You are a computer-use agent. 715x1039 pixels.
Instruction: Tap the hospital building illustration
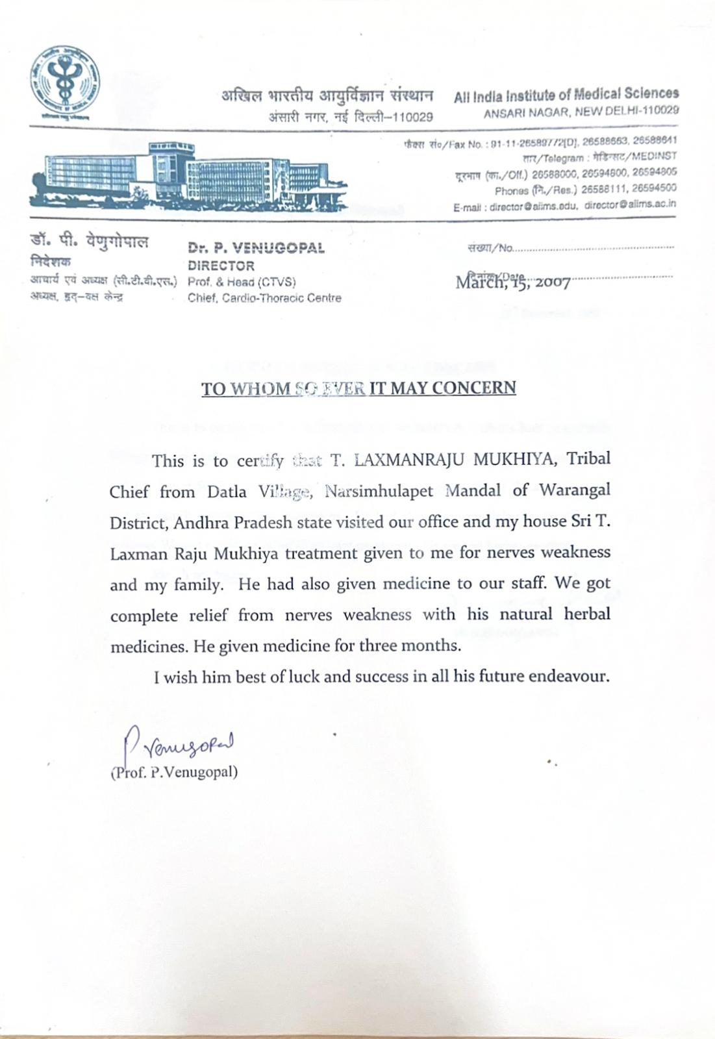[188, 175]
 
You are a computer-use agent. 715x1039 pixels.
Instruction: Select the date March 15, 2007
[513, 282]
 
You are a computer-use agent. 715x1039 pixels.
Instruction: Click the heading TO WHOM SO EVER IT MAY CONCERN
[358, 388]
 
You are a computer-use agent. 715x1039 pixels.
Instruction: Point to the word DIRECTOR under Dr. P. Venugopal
[221, 266]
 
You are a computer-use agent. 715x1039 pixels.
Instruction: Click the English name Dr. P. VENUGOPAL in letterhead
[256, 247]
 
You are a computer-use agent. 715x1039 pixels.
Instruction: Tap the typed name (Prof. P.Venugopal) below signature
[174, 772]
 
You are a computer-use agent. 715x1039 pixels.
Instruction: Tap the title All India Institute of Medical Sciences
[566, 95]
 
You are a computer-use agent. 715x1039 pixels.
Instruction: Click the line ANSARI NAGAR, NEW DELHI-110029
[581, 111]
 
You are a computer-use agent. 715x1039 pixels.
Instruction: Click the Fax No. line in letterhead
[540, 141]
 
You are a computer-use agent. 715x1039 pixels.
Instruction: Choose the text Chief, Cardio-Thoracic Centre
[264, 298]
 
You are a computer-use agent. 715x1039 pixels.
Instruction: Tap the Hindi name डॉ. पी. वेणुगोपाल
[89, 242]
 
